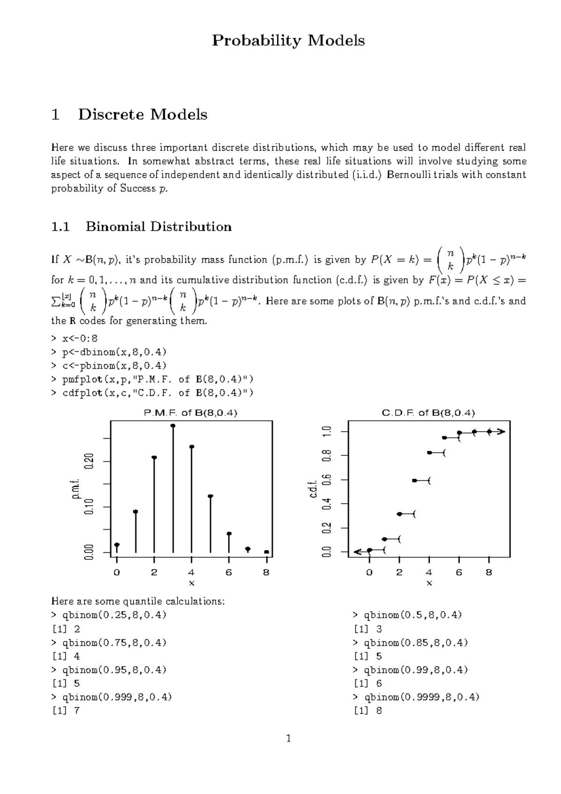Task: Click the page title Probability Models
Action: [x=288, y=41]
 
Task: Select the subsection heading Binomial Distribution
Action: [x=158, y=227]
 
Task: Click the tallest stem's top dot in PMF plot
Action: [x=173, y=426]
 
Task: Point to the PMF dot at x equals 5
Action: [x=210, y=496]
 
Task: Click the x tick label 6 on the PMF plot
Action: [x=229, y=572]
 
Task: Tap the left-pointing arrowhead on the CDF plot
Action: [x=358, y=552]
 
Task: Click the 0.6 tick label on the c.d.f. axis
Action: [x=327, y=480]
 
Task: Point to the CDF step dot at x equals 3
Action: [x=414, y=481]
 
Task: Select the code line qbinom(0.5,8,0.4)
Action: [x=407, y=615]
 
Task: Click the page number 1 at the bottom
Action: [x=288, y=739]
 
